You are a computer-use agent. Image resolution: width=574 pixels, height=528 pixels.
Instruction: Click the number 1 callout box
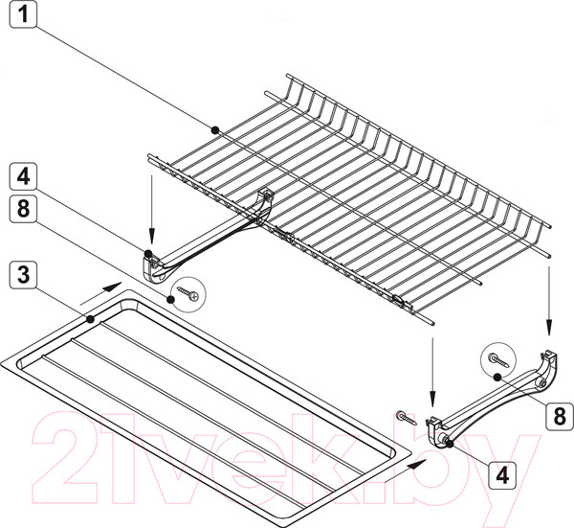pos(23,14)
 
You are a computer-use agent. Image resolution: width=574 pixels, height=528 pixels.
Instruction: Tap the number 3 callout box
pos(23,275)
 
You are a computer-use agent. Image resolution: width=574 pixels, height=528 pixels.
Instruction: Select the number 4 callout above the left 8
pos(23,176)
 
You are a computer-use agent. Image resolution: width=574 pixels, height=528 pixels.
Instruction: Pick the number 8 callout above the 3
pos(23,209)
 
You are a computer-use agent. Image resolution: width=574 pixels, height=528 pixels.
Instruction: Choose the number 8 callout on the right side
pos(560,416)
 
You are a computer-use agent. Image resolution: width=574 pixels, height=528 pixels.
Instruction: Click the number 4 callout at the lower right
pos(502,475)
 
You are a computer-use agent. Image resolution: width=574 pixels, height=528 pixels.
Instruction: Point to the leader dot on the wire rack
pos(215,129)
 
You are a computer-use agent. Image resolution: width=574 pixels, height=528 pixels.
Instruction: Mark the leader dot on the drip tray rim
pos(91,319)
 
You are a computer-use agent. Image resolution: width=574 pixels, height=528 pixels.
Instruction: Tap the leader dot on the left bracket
pos(148,253)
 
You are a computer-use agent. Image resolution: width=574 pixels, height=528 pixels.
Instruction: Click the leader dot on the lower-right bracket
pos(450,444)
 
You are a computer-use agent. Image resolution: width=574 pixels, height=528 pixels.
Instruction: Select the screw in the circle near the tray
pos(188,293)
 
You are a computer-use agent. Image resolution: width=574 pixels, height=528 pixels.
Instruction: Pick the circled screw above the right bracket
pos(498,359)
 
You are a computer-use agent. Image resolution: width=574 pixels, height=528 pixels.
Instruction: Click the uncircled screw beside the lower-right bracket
pos(407,418)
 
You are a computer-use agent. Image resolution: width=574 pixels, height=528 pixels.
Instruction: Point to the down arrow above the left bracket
pos(151,209)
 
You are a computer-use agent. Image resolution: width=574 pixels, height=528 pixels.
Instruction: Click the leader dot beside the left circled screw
pos(170,299)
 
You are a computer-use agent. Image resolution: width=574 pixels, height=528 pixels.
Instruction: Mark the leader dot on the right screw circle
pos(497,377)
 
